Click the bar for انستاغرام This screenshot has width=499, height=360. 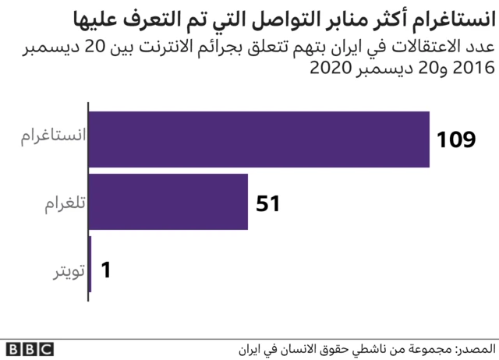point(260,139)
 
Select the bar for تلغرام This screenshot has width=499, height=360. point(169,202)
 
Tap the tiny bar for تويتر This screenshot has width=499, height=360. point(90,264)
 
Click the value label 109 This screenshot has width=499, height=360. point(455,140)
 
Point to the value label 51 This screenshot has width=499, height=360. point(267,203)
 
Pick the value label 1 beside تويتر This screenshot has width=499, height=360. point(107,270)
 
